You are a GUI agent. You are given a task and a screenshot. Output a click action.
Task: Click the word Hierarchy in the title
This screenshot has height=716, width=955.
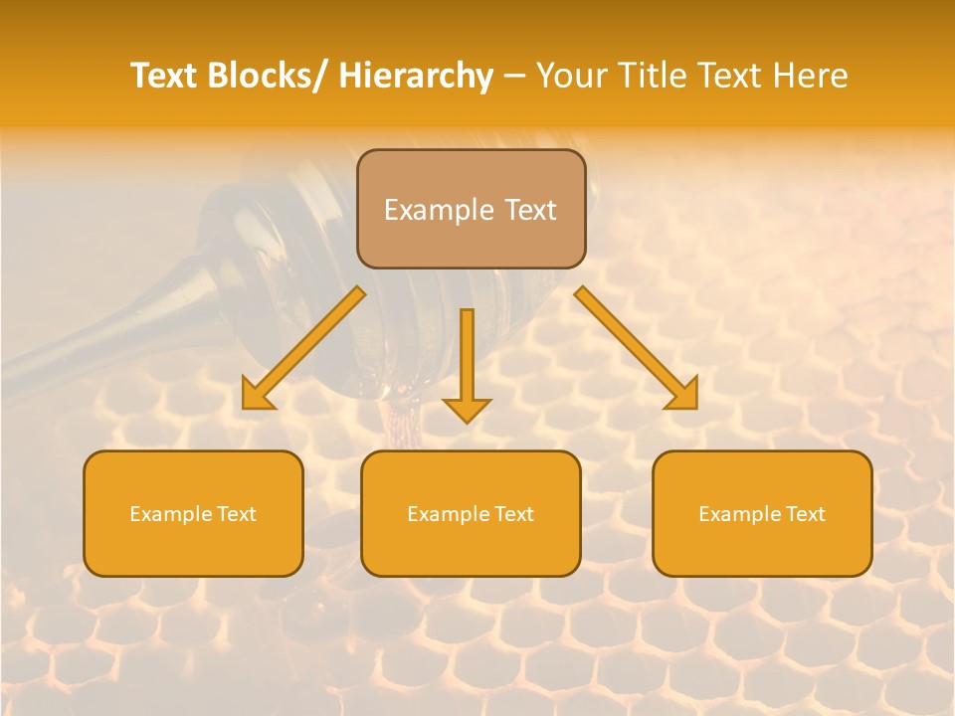(416, 76)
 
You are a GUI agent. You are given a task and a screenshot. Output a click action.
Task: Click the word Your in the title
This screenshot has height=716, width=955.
(570, 76)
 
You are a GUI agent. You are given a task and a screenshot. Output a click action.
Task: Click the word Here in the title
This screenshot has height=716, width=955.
(811, 76)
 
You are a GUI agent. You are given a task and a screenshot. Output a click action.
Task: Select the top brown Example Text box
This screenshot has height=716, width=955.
(471, 209)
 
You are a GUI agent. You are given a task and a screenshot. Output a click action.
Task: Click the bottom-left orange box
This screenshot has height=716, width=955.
(193, 513)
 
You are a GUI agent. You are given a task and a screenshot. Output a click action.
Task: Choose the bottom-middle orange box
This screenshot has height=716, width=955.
(471, 513)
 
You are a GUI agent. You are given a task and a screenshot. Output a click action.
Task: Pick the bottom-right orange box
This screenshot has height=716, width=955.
(762, 513)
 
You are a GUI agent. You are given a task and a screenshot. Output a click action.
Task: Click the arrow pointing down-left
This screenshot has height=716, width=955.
(303, 348)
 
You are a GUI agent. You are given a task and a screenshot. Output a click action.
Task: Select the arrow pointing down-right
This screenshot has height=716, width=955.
(637, 348)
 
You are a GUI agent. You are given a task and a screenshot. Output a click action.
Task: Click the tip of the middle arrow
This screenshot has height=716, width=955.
(467, 422)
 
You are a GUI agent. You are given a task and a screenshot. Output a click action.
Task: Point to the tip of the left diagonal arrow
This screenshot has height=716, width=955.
(245, 407)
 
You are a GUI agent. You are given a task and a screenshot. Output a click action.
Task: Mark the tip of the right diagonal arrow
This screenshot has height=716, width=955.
(695, 407)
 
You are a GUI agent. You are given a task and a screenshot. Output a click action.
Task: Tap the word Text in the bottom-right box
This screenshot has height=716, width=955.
(805, 514)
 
